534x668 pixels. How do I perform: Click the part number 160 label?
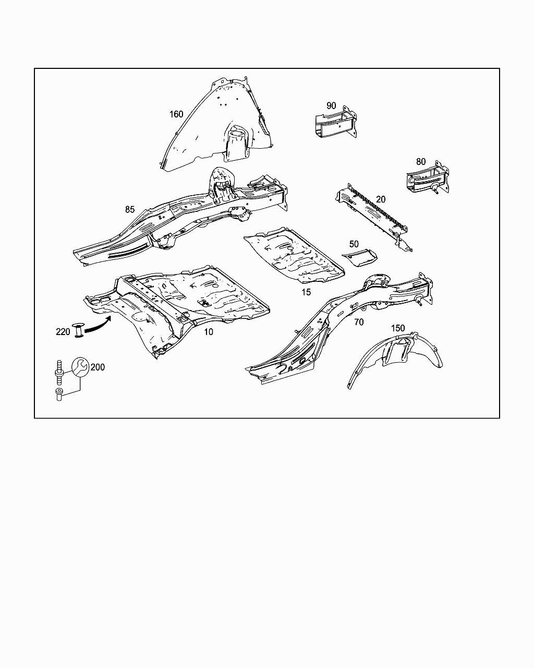pyautogui.click(x=176, y=114)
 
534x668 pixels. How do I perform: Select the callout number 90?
pyautogui.click(x=331, y=105)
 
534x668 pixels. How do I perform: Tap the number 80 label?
pyautogui.click(x=421, y=162)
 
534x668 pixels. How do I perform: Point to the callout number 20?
pyautogui.click(x=381, y=199)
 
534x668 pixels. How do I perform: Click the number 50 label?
pyautogui.click(x=354, y=244)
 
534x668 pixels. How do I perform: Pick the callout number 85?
pyautogui.click(x=130, y=210)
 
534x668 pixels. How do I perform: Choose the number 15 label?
pyautogui.click(x=306, y=292)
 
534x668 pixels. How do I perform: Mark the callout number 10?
pyautogui.click(x=209, y=332)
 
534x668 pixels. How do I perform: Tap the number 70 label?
pyautogui.click(x=359, y=322)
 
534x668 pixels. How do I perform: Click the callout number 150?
pyautogui.click(x=398, y=328)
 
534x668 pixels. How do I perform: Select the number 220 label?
pyautogui.click(x=63, y=332)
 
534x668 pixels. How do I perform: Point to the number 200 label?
pyautogui.click(x=98, y=367)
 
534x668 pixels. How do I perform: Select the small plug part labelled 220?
pyautogui.click(x=79, y=330)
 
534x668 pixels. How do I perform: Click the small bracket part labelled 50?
pyautogui.click(x=361, y=256)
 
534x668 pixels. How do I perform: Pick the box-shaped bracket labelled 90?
pyautogui.click(x=336, y=123)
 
